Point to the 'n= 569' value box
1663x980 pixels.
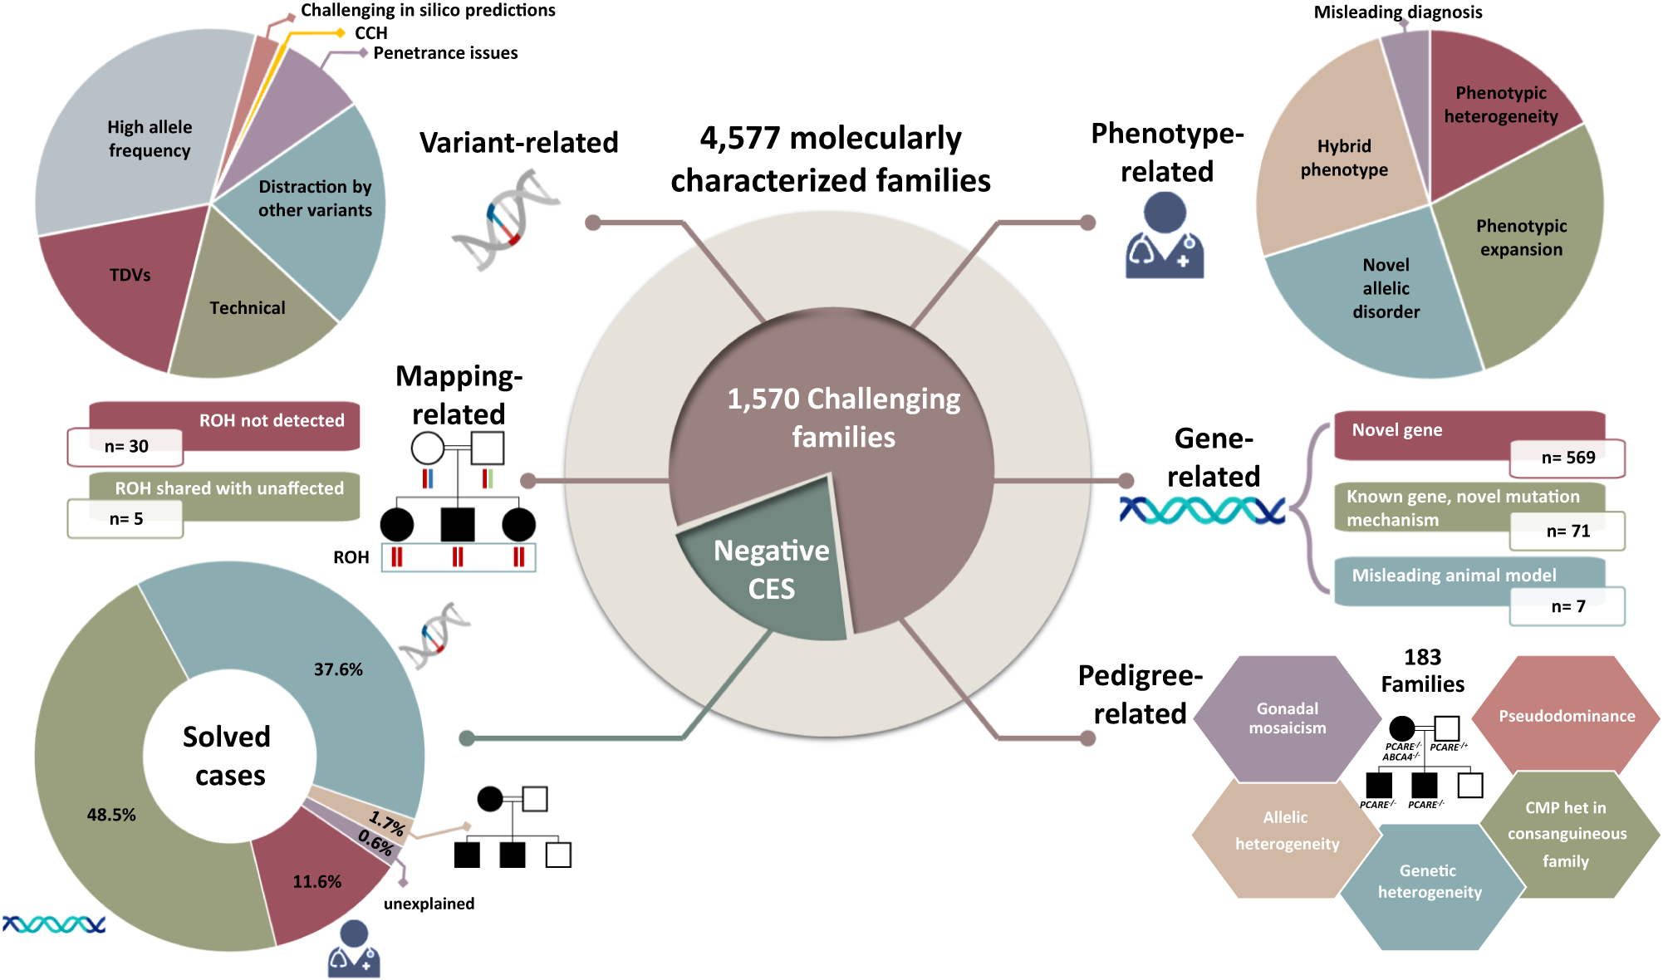click(x=1567, y=458)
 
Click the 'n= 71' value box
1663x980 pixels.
click(x=1567, y=532)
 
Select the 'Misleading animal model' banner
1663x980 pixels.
click(x=1454, y=575)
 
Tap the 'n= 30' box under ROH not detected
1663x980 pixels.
click(x=125, y=447)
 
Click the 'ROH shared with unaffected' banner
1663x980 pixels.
click(x=228, y=488)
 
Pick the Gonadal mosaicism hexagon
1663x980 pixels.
click(x=1287, y=718)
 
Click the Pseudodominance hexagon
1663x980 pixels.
click(x=1566, y=716)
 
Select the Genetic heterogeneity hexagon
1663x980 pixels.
click(x=1429, y=882)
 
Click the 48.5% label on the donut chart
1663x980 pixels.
click(x=110, y=815)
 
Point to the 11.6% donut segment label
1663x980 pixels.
click(x=316, y=882)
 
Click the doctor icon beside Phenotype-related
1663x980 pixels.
click(x=1165, y=236)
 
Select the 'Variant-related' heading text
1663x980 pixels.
click(x=518, y=143)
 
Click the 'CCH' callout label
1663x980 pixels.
click(x=370, y=33)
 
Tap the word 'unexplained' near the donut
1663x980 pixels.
click(x=429, y=904)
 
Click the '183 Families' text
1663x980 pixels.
click(x=1422, y=670)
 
